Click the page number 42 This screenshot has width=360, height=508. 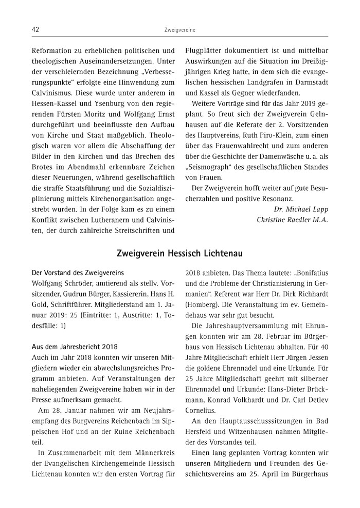(35, 30)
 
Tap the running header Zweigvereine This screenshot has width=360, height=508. (179, 31)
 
